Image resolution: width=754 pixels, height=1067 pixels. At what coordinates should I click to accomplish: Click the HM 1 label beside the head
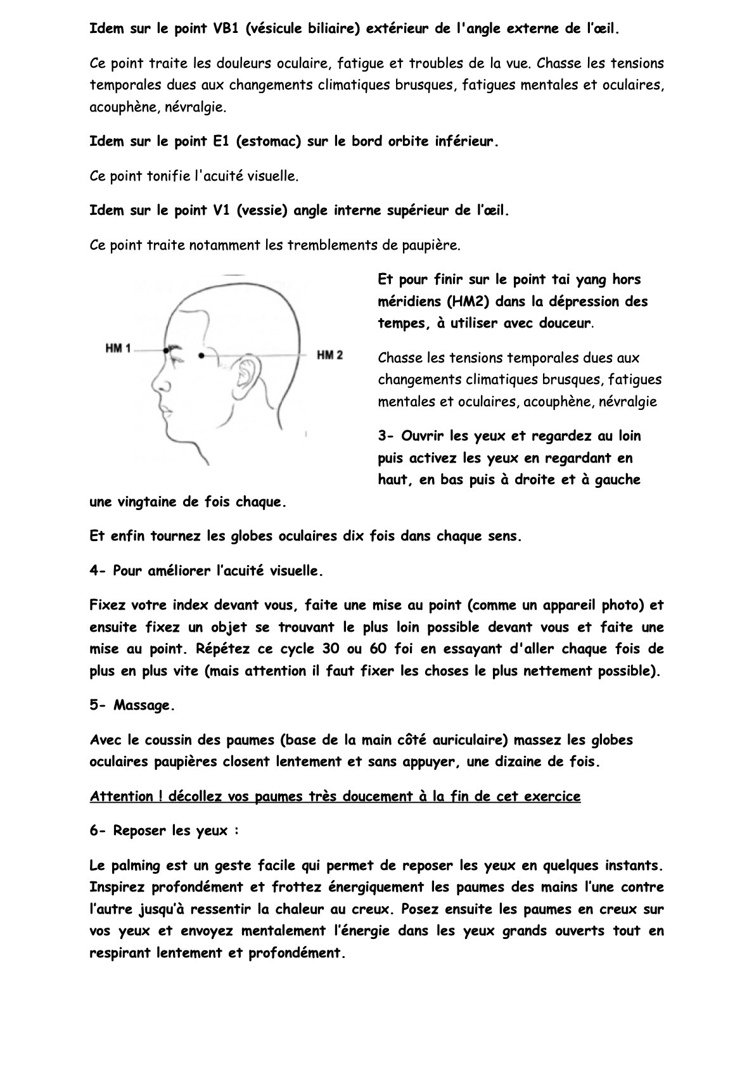point(118,348)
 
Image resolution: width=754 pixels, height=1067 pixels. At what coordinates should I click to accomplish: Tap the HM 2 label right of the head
point(329,355)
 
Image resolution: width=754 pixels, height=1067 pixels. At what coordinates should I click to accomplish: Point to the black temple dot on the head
point(201,356)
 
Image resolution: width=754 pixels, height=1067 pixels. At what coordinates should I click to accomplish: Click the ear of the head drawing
point(245,374)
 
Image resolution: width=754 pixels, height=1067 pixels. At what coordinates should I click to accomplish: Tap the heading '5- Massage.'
point(132,705)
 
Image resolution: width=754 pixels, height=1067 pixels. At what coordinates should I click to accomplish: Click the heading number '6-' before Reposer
point(98,830)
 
